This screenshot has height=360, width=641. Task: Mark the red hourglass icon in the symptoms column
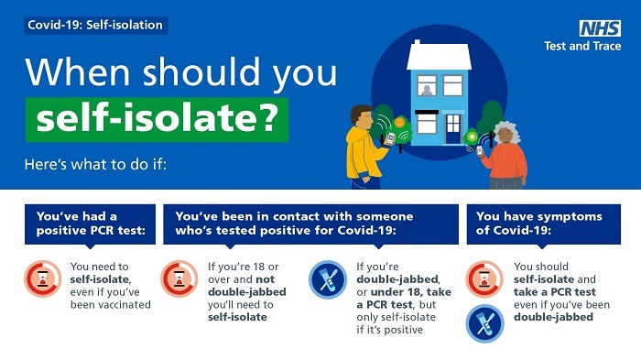[483, 278]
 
